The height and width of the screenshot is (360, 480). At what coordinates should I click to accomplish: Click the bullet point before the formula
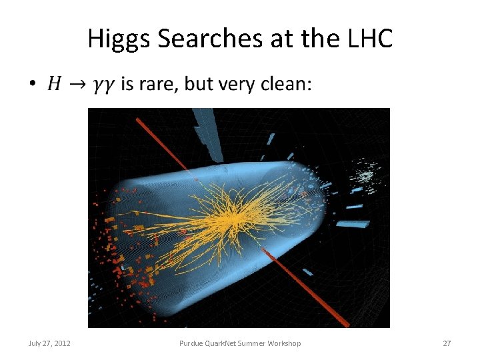31,84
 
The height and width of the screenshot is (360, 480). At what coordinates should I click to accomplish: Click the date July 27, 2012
50,343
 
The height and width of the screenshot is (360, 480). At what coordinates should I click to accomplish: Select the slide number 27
447,343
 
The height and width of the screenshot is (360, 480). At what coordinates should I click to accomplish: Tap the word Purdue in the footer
192,343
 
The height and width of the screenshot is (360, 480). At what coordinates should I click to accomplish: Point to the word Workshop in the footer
284,343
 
